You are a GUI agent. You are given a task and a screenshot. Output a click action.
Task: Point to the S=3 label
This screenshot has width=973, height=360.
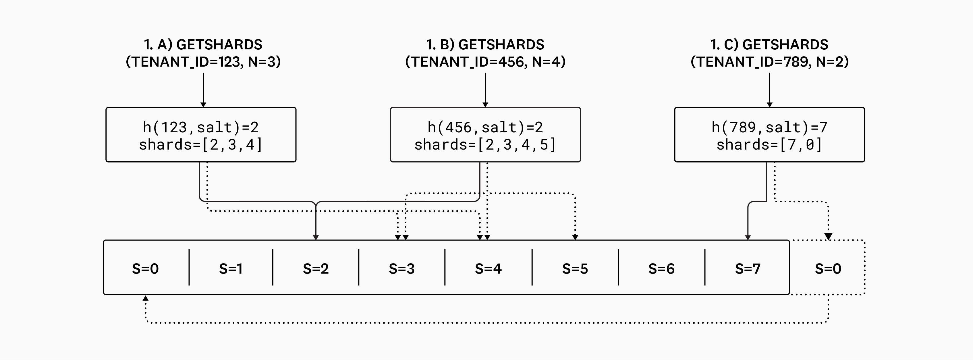[x=401, y=269]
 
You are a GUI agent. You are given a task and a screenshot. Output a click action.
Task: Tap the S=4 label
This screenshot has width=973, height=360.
[x=488, y=269]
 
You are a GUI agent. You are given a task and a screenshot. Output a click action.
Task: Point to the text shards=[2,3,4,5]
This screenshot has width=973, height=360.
[x=485, y=145]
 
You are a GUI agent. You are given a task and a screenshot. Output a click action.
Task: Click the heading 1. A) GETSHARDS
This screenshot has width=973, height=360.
[x=203, y=44]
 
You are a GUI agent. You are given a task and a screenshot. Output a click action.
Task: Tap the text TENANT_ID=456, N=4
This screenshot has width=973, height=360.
[x=485, y=61]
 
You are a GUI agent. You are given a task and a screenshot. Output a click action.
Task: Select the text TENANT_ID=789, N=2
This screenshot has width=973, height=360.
[x=769, y=61]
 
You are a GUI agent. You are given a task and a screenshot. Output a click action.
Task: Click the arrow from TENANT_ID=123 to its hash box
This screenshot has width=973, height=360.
[x=203, y=90]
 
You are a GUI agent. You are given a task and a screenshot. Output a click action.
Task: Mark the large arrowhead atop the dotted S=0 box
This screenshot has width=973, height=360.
[x=828, y=236]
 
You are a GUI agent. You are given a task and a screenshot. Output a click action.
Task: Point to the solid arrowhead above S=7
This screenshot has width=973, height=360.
[x=748, y=237]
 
